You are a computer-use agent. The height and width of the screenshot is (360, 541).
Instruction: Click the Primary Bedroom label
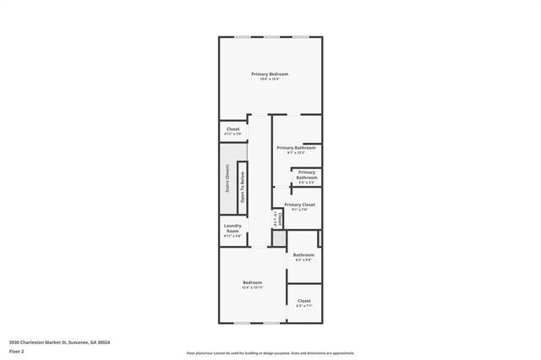point(270,74)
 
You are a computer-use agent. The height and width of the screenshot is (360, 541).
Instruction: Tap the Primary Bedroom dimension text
point(270,79)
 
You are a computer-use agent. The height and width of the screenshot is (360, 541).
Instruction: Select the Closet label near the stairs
point(232,129)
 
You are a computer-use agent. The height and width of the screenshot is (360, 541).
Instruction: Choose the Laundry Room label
point(232,228)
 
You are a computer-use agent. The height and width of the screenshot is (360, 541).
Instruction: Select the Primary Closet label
point(301,205)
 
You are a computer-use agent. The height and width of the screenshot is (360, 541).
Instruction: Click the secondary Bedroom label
point(252,282)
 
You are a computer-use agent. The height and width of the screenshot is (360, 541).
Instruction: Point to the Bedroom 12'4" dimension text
point(252,287)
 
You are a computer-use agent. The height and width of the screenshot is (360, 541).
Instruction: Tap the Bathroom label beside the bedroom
point(303,254)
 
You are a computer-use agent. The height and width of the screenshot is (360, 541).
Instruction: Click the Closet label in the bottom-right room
point(303,301)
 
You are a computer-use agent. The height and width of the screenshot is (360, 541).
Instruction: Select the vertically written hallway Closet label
point(276,219)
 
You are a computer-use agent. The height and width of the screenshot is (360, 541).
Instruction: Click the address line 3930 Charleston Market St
point(60,342)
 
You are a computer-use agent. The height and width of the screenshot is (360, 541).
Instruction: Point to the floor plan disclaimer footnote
point(270,352)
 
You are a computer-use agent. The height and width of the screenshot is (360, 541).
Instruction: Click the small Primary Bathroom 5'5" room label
point(307,175)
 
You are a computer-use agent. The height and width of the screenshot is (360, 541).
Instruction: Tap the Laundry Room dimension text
point(232,237)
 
